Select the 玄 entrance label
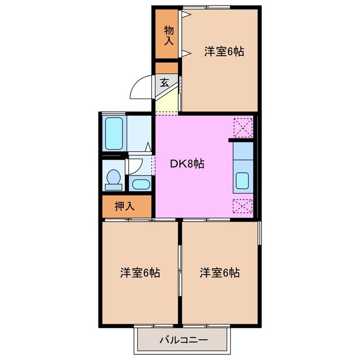(164, 82)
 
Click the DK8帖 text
(187, 164)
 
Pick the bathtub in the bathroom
(114, 133)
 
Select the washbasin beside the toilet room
(139, 183)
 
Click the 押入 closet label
(125, 206)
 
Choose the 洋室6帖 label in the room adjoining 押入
(140, 273)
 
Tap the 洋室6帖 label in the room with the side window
(219, 273)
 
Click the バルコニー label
(183, 340)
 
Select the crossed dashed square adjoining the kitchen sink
(243, 206)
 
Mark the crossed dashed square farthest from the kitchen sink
(243, 126)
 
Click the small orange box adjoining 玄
(166, 67)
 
